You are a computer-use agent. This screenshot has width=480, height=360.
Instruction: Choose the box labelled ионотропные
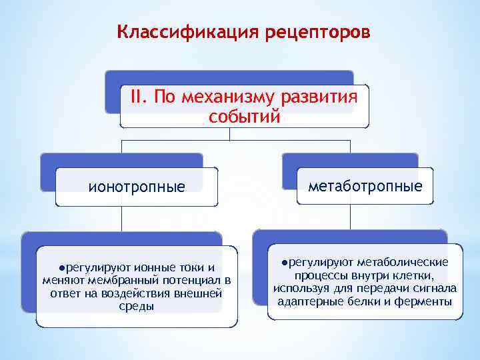point(137,187)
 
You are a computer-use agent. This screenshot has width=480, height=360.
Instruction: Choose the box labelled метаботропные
point(365,186)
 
